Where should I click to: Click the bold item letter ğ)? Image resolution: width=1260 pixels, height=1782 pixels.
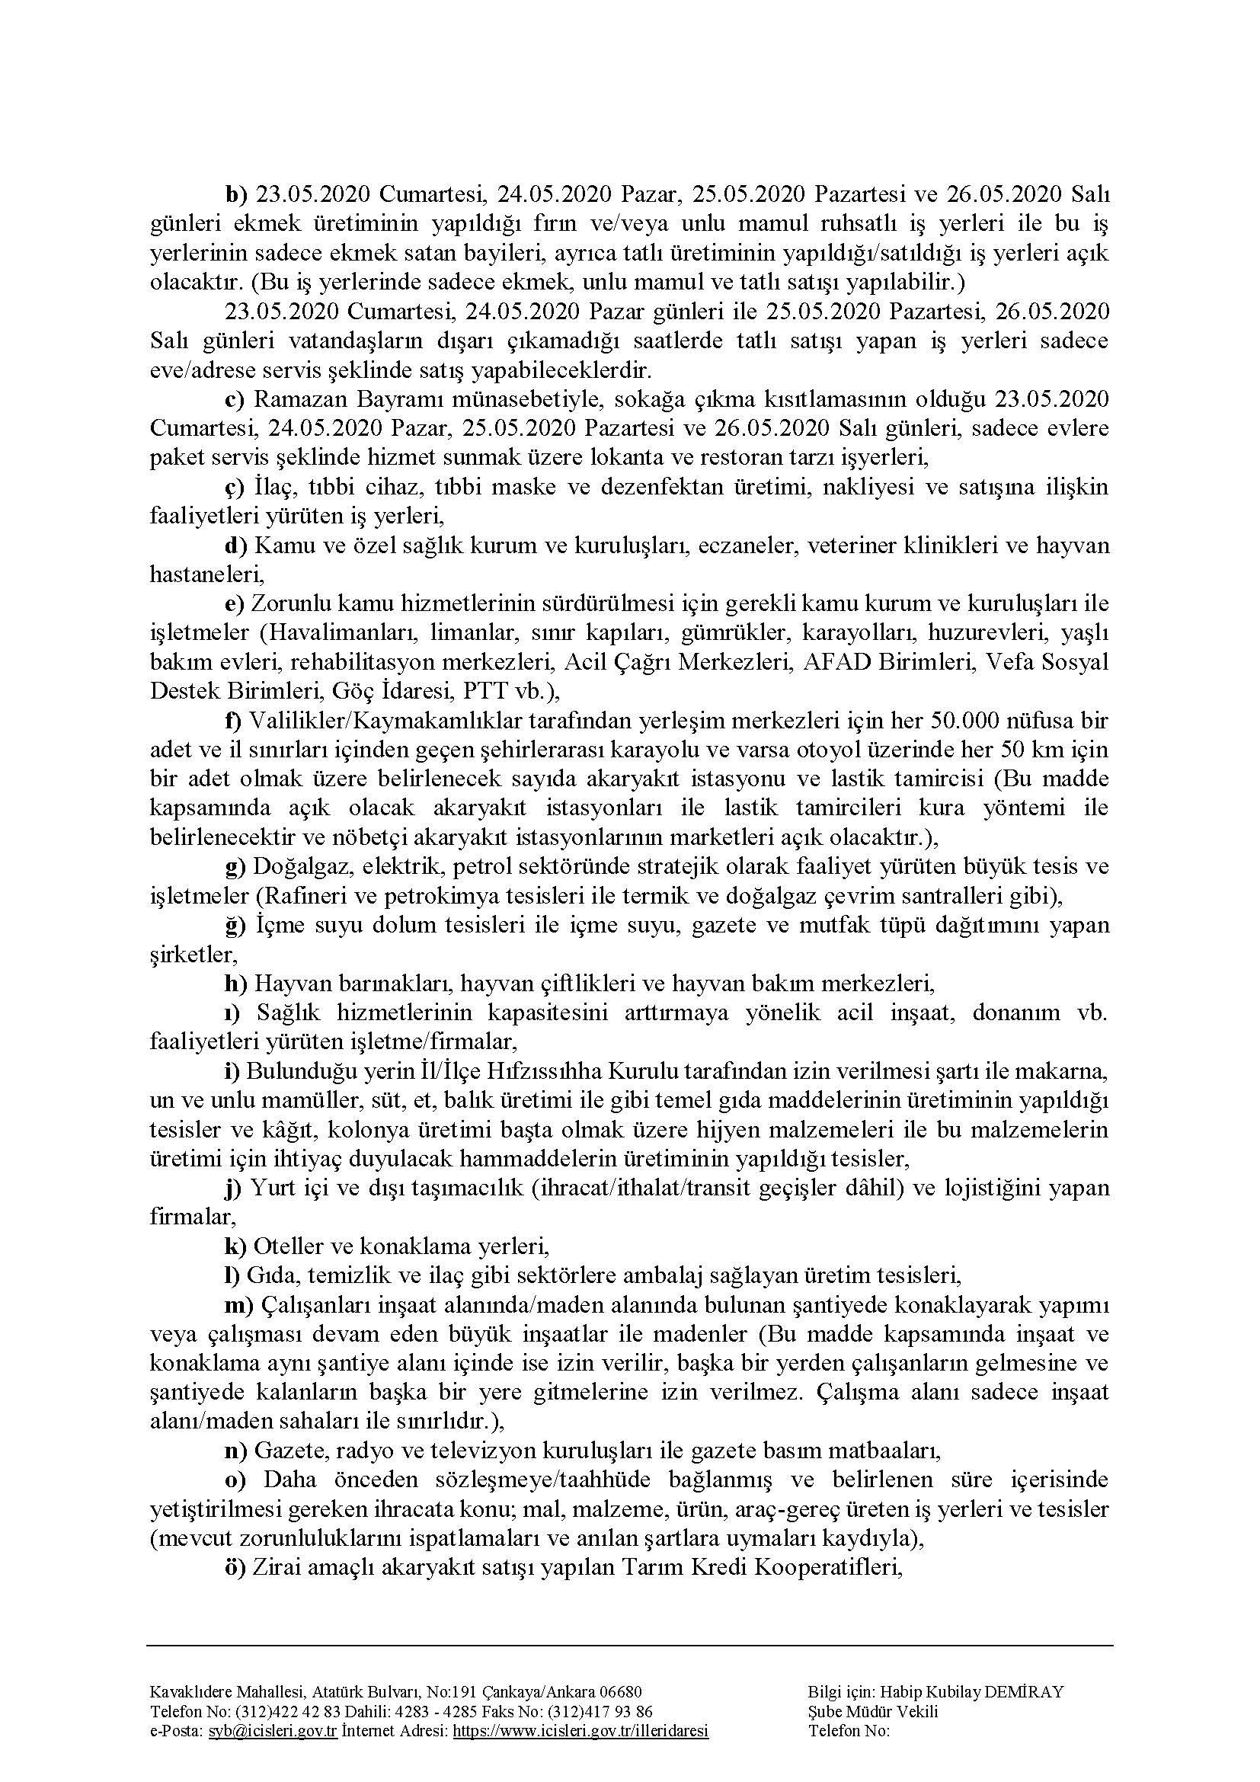[x=235, y=925]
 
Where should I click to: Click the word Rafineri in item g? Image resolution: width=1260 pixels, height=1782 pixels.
[x=296, y=896]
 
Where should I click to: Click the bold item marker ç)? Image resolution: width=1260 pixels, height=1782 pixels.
[x=235, y=487]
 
